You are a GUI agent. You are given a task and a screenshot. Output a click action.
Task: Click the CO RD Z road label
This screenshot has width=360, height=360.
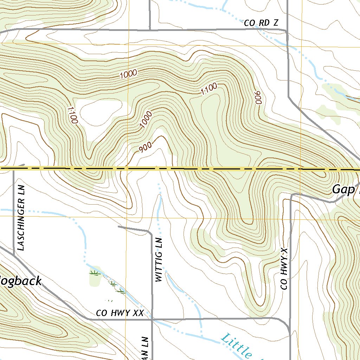click(261, 23)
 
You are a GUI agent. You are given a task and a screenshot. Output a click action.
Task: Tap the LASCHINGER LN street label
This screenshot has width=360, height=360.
click(22, 224)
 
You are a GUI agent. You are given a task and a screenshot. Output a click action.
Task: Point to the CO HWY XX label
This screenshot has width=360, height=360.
click(120, 313)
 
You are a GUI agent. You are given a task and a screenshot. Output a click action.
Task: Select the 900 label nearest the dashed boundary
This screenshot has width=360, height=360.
click(145, 148)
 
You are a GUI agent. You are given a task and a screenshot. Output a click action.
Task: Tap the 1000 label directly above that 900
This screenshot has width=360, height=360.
click(146, 119)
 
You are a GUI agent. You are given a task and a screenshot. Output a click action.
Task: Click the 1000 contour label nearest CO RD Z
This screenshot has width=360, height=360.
click(128, 74)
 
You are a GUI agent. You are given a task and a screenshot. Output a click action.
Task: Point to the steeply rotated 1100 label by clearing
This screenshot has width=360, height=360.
click(72, 115)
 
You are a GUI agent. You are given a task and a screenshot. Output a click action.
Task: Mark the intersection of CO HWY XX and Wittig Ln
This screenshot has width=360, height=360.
click(152, 320)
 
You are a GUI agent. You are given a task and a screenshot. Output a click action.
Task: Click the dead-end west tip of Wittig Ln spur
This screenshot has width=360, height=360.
click(118, 227)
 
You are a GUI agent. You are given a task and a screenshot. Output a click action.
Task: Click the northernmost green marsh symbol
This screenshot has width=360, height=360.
click(94, 272)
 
